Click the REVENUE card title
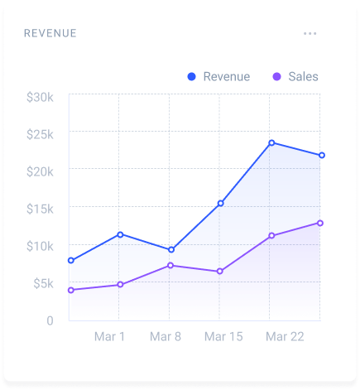coord(50,33)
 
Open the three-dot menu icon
coord(310,33)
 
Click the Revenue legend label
coord(226,77)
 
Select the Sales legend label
coord(303,77)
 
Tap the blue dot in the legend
coord(191,77)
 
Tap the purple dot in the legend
coord(276,77)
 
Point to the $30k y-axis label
coord(40,97)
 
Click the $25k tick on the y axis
coord(40,134)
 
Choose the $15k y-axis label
coord(40,209)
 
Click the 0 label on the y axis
coord(50,320)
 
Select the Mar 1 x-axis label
coord(109,337)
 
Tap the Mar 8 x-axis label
coord(166,337)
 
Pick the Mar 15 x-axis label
coord(223,337)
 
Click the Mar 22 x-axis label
coord(284,337)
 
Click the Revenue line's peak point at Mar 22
coord(271,142)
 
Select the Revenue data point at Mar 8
coord(170,249)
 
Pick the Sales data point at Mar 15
coord(220,272)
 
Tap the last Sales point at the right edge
coord(320,223)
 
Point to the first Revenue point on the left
coord(70,260)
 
